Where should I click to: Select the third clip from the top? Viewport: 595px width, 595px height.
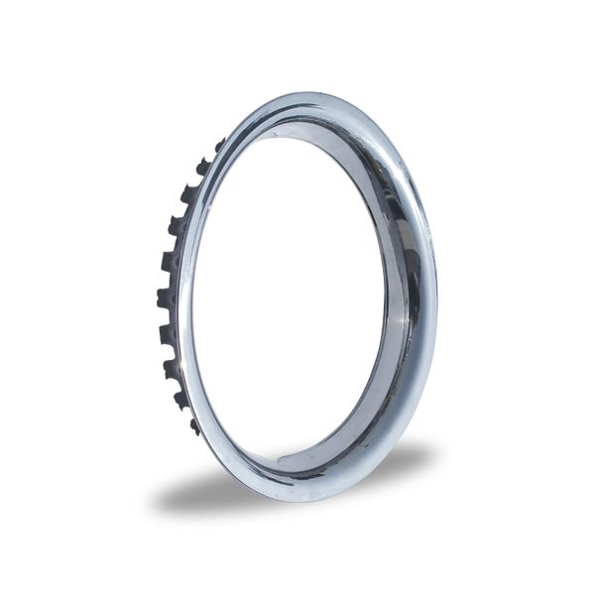188,194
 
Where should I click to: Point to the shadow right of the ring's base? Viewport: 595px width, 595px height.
397,466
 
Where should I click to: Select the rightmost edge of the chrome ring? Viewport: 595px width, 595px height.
436,297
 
